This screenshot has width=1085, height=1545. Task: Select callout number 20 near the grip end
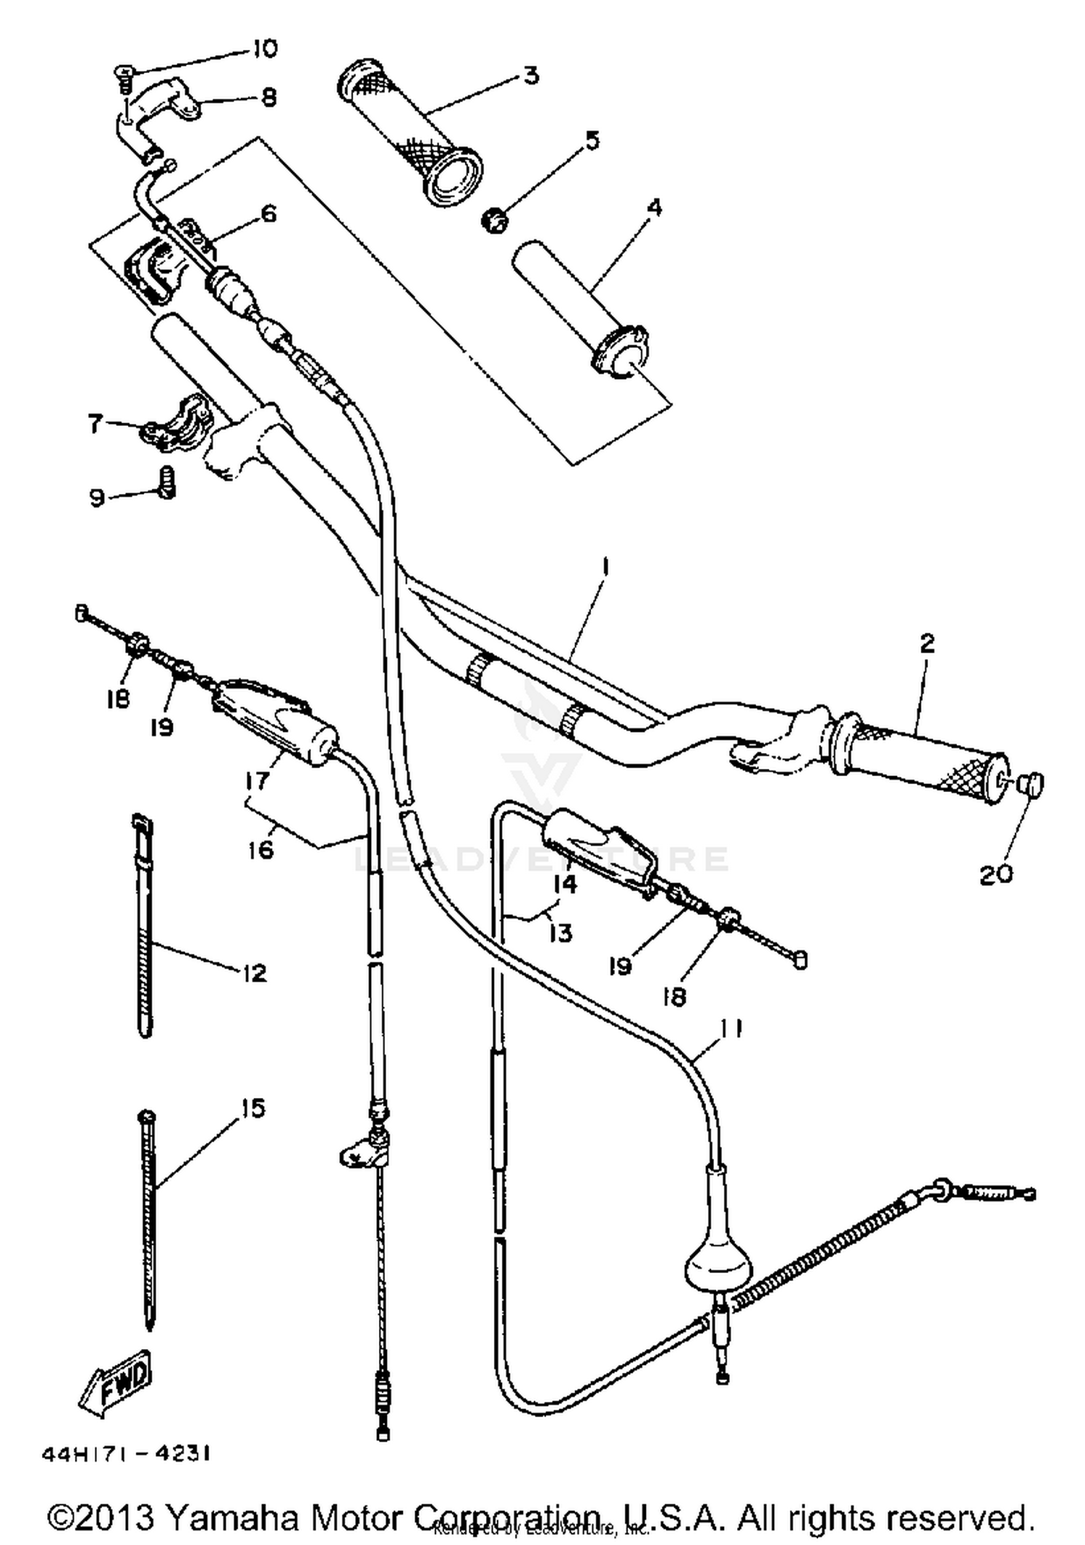995,874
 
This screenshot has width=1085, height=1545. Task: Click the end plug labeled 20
1031,784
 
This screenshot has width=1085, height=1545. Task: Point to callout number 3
531,75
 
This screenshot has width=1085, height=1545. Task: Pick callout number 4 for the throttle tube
653,208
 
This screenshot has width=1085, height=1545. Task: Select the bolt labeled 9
167,482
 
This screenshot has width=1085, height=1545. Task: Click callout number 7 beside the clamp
95,424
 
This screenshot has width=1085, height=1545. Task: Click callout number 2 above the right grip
927,643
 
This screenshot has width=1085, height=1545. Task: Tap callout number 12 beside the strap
254,973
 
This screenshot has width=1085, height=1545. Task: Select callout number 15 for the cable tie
252,1108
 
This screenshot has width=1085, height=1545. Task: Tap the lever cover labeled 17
275,723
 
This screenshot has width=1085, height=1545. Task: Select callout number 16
260,848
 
